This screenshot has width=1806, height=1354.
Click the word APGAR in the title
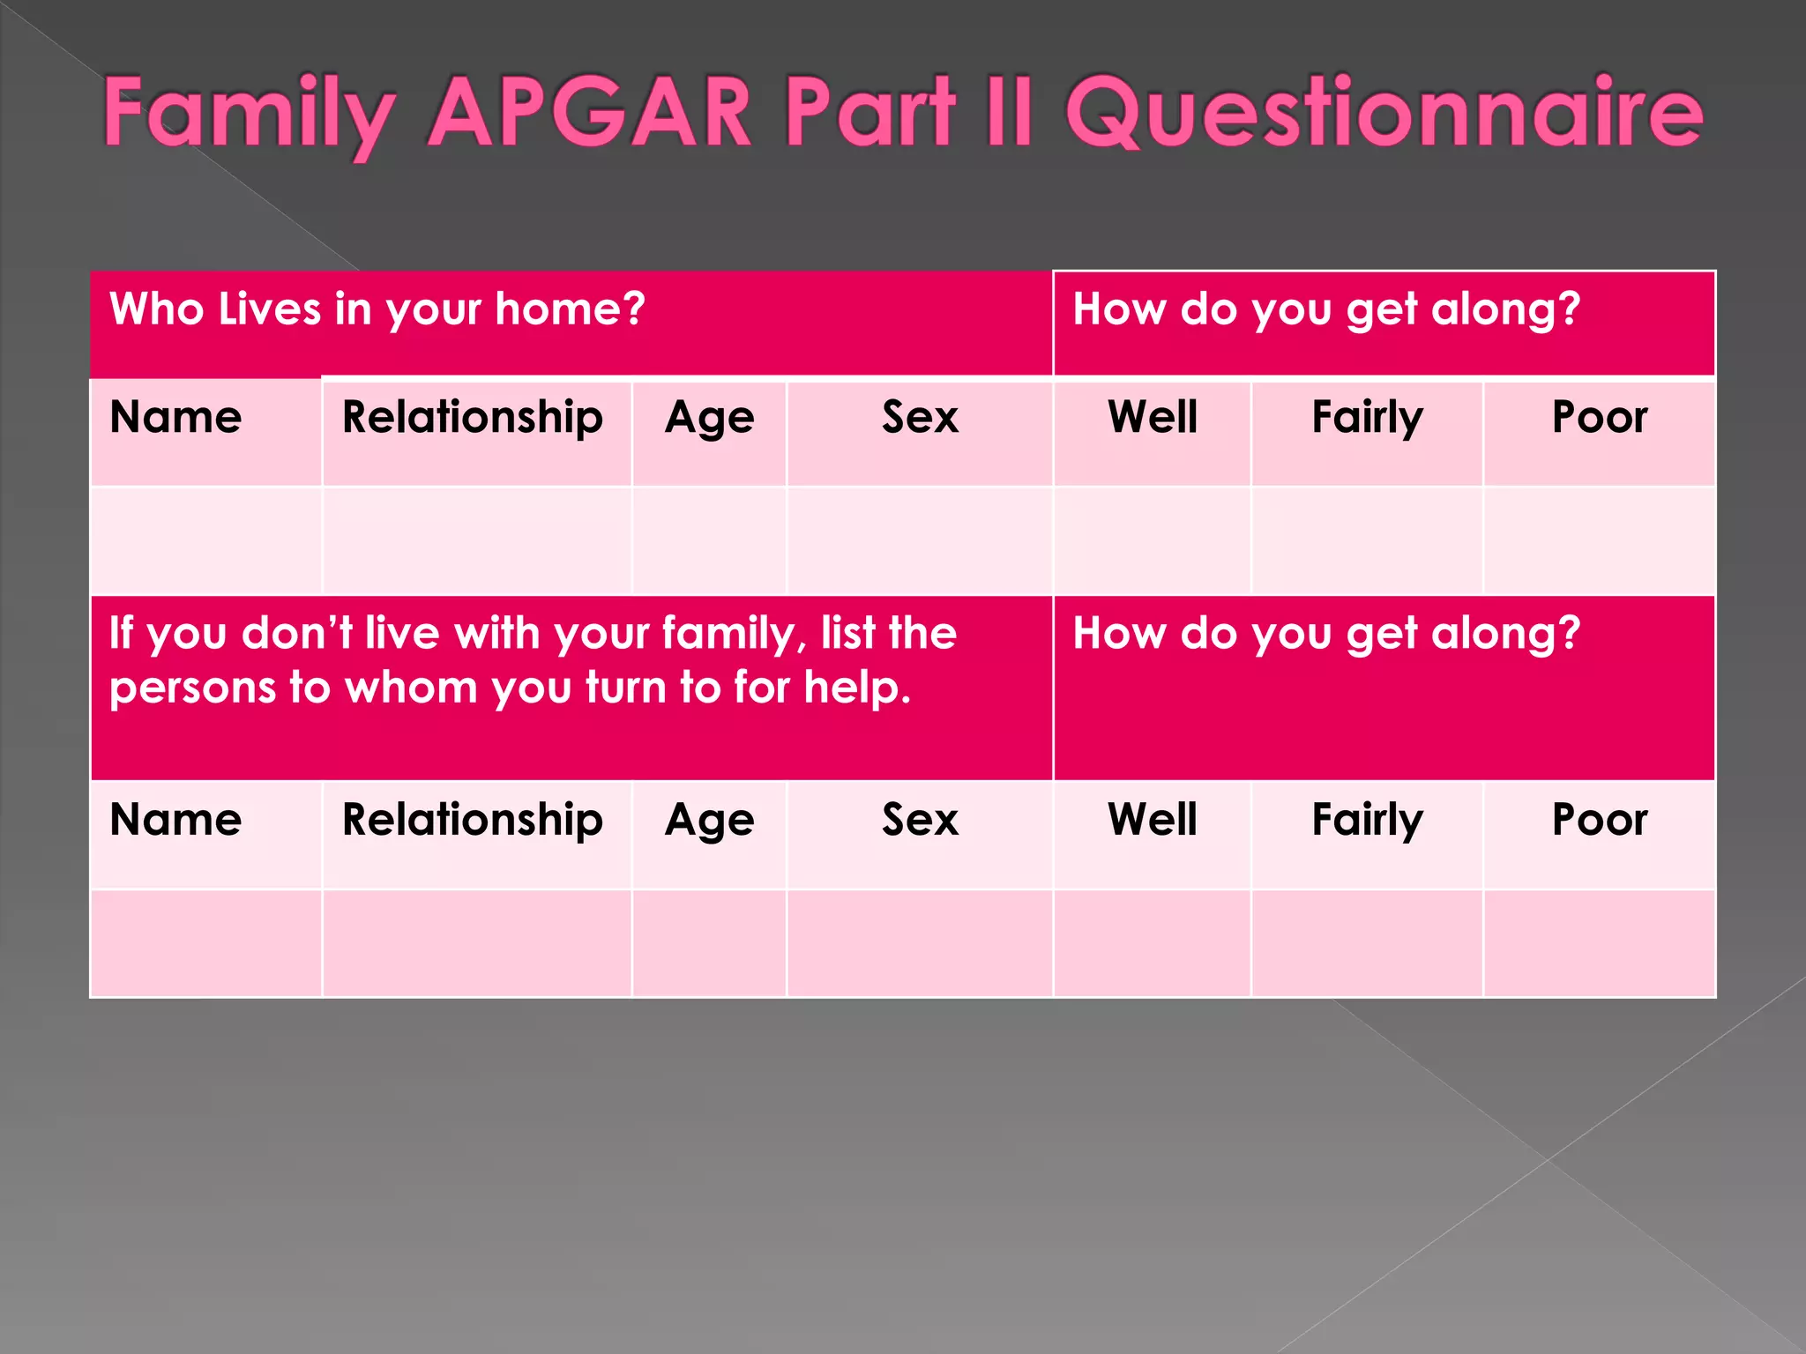coord(589,113)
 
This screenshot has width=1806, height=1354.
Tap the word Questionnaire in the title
coord(1384,113)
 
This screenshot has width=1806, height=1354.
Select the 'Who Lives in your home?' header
coord(377,309)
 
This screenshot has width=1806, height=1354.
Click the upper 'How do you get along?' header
coord(1326,309)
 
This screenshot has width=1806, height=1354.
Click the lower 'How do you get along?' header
coord(1326,634)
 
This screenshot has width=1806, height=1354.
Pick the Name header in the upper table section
coord(175,417)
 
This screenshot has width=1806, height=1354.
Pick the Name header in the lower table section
coord(175,820)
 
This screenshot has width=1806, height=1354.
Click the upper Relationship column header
coord(473,417)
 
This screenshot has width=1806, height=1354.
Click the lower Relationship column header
coord(473,820)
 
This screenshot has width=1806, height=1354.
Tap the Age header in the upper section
coord(710,418)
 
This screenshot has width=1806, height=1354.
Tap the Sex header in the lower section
coord(920,820)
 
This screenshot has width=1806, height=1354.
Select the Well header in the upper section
coord(1153,417)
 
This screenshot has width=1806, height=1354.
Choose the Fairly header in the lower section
coord(1367,820)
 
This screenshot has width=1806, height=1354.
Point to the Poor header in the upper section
coord(1600,417)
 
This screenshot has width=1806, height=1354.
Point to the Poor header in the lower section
coord(1600,820)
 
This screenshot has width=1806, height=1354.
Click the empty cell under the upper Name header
coord(206,540)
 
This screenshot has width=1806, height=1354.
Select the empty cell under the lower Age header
coord(709,943)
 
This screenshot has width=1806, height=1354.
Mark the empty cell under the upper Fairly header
coord(1367,540)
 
